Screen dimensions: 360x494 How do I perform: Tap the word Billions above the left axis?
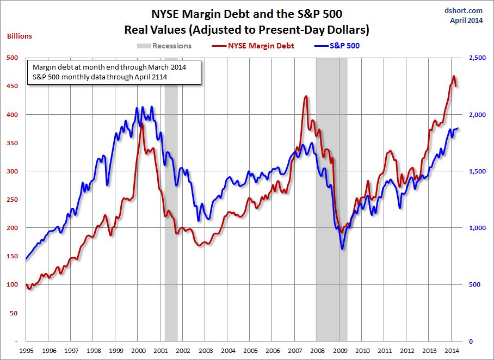[20, 36]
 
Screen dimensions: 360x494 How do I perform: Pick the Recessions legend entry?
[166, 46]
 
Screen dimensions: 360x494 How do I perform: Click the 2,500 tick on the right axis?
[474, 58]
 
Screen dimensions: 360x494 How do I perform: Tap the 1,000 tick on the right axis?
[474, 228]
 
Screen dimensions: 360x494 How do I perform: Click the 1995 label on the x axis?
[26, 351]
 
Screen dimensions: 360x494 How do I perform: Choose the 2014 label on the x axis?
[452, 351]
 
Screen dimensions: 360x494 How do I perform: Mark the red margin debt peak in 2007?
[306, 97]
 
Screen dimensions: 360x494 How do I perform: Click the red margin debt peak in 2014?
[454, 77]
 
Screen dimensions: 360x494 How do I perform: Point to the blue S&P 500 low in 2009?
[342, 249]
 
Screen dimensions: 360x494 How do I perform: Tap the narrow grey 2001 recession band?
[171, 218]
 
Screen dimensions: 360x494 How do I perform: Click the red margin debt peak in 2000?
[142, 125]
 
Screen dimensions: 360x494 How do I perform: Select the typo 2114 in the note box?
[158, 77]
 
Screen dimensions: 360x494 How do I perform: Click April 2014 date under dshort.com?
[466, 21]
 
